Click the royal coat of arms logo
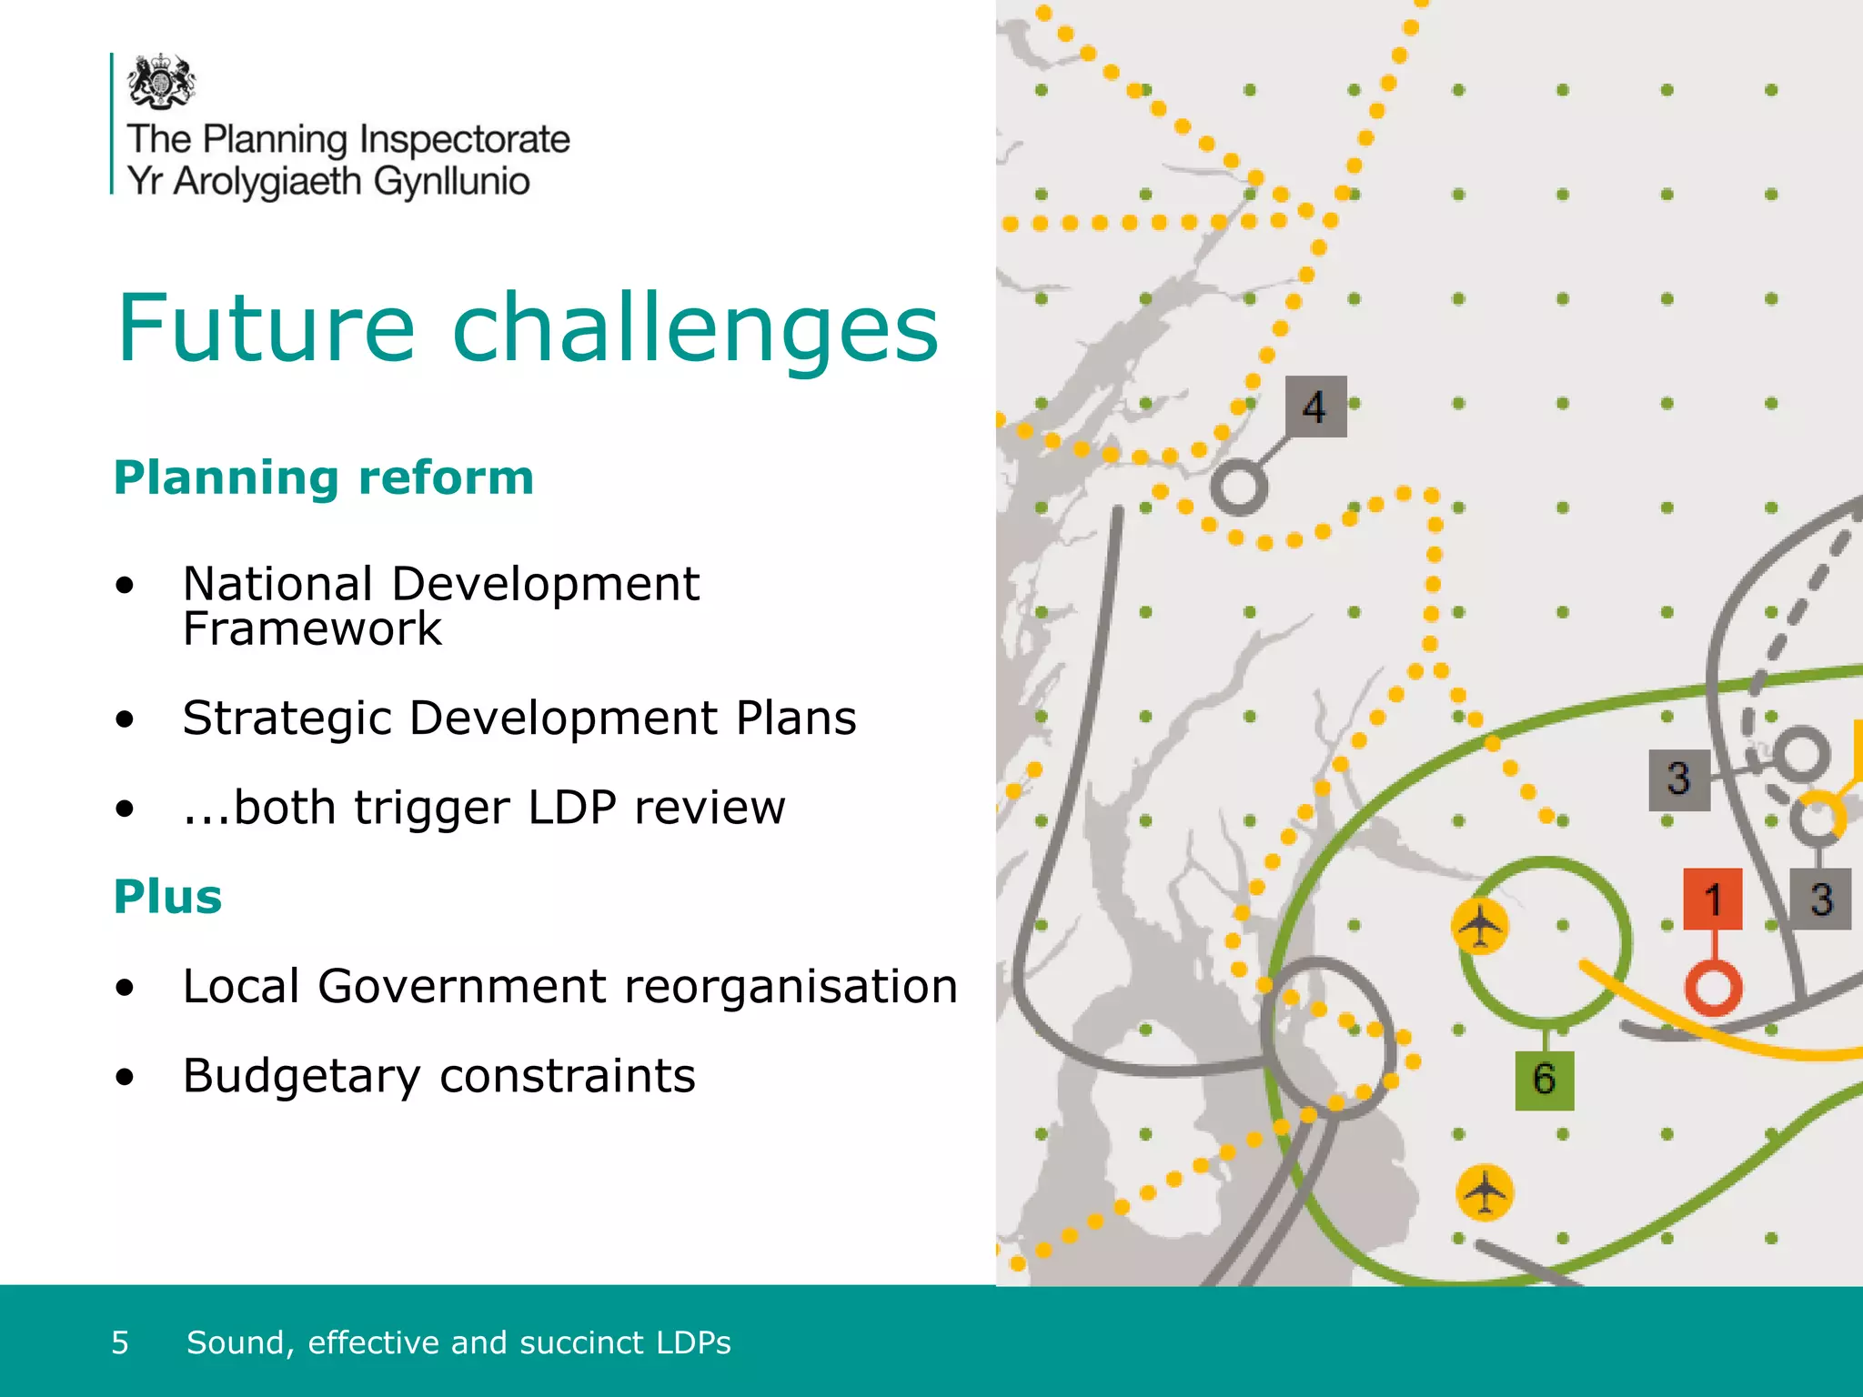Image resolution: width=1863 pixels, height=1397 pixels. (161, 81)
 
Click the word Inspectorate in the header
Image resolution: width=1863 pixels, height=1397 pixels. (464, 139)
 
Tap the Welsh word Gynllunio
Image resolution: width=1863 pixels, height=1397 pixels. (451, 181)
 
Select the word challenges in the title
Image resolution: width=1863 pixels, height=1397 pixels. (695, 328)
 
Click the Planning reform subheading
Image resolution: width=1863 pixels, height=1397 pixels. (324, 477)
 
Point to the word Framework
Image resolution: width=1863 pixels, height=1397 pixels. (312, 628)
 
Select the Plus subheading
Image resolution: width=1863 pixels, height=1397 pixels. (168, 897)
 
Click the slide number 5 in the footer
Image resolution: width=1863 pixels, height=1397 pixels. (120, 1342)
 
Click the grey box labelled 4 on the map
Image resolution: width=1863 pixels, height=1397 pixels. (1315, 407)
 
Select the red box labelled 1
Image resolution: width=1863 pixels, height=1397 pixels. (1713, 900)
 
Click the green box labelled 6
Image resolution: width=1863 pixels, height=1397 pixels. (1544, 1080)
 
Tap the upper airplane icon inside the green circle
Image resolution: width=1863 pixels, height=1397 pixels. (1480, 927)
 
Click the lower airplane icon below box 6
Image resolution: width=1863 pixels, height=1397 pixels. (1485, 1191)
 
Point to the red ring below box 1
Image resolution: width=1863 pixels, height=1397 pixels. (1713, 988)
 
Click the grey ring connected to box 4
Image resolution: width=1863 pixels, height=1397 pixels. (1239, 487)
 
